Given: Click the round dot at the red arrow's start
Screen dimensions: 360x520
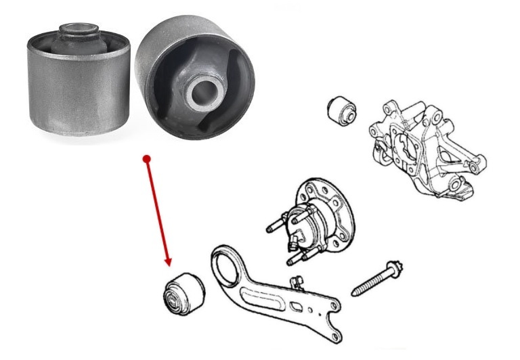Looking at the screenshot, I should click(x=146, y=158).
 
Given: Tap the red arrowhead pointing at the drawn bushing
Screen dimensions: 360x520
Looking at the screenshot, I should click(x=167, y=261).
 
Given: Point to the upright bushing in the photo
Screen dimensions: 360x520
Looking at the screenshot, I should click(x=79, y=78).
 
